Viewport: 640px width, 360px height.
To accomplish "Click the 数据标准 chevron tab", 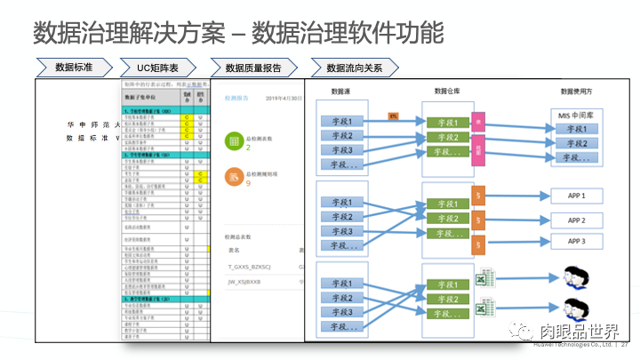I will point(76,68).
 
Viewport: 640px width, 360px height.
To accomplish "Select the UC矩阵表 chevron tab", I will point(164,68).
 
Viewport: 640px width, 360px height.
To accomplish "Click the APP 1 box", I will point(576,195).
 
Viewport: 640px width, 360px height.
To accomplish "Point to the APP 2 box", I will point(576,220).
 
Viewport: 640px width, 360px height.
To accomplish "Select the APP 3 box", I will point(576,242).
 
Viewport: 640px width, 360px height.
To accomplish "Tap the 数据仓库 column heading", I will point(452,91).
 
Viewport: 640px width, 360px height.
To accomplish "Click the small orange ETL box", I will point(393,116).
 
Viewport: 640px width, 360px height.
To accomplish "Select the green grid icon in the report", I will point(232,142).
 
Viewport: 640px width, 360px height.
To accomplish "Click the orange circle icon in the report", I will point(232,178).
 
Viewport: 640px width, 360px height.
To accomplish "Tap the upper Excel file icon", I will point(486,277).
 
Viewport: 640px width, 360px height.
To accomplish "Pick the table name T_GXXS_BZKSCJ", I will point(252,266).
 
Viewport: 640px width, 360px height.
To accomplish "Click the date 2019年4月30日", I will point(284,98).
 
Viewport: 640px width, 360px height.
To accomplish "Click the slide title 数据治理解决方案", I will point(132,34).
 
